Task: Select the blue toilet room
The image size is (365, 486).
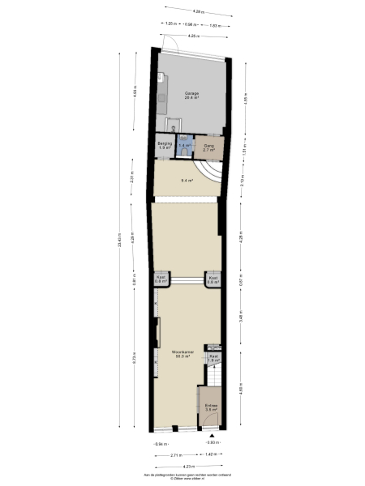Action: (184, 146)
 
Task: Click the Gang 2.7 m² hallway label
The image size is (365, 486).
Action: (208, 147)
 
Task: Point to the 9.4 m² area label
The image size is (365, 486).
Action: (187, 181)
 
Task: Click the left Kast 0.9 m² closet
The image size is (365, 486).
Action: (160, 279)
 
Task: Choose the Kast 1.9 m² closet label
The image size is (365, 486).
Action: (214, 358)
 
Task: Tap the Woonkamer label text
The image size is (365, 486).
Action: (182, 353)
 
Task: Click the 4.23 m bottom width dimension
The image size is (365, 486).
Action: (188, 466)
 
